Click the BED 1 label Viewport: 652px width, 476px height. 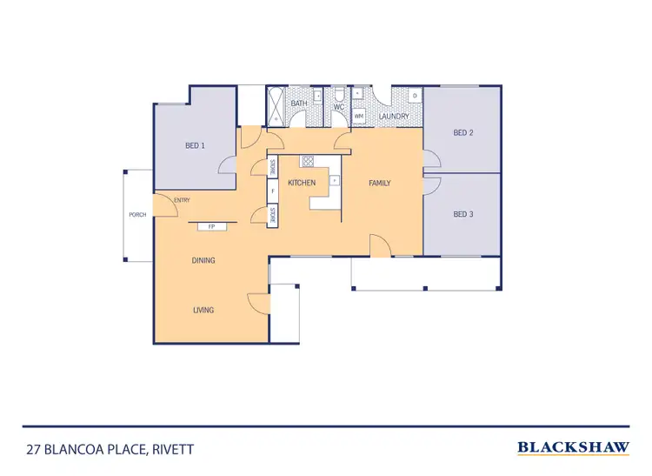[195, 144]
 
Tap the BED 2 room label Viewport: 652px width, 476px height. [462, 133]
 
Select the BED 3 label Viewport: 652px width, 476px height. [462, 214]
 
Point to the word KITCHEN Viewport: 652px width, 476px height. [302, 183]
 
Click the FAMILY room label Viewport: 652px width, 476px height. [380, 183]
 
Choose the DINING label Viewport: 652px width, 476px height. [203, 260]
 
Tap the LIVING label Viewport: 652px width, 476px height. [203, 310]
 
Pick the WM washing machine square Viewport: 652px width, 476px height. [358, 115]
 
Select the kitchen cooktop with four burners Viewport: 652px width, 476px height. [307, 161]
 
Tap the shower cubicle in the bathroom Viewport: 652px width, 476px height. [276, 104]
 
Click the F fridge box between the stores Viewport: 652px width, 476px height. [273, 191]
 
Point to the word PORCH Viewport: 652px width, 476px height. [137, 214]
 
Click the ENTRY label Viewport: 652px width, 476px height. [182, 201]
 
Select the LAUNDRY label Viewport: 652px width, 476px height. [394, 115]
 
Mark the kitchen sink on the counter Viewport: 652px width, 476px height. [334, 180]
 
